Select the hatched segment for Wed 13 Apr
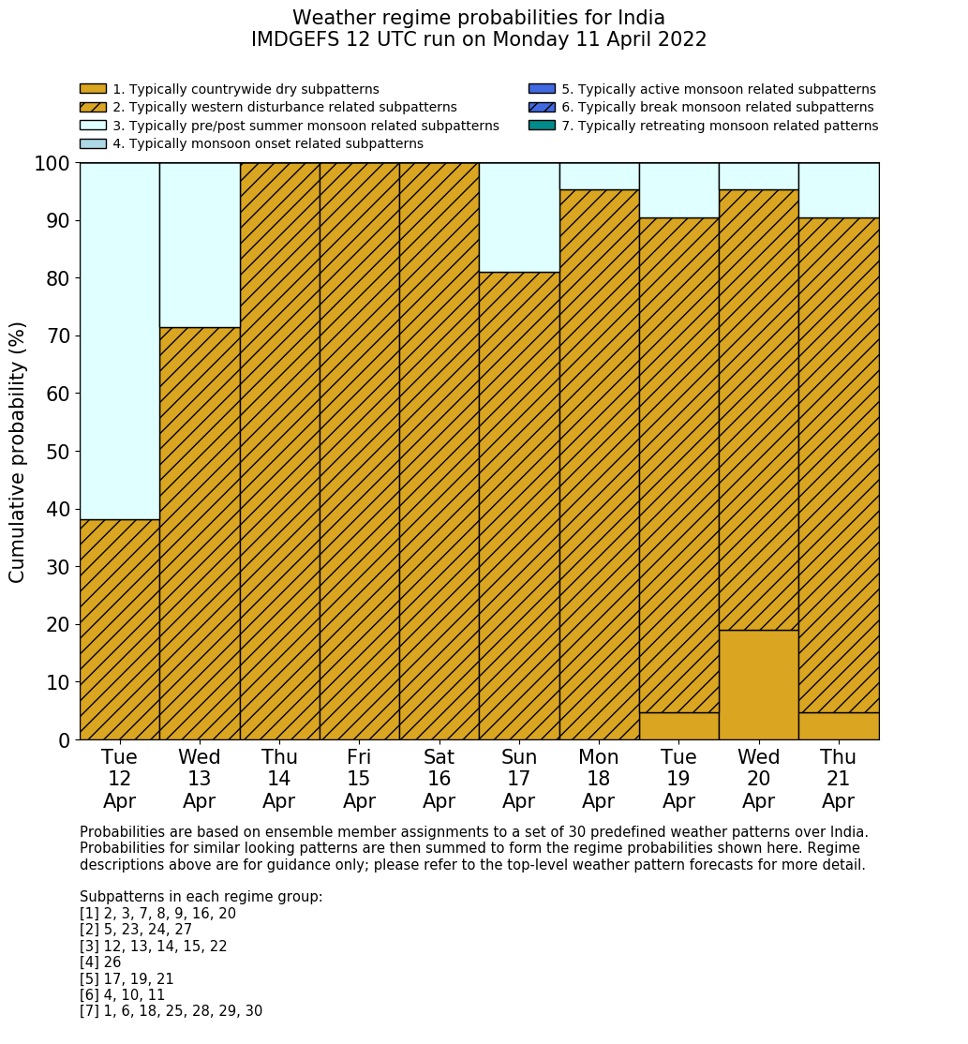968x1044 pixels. [x=200, y=533]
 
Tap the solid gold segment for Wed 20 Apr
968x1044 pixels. [x=758, y=685]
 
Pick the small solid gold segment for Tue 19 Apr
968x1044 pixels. [x=678, y=726]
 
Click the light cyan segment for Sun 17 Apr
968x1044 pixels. [x=519, y=217]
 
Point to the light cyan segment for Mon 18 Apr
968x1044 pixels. [x=599, y=176]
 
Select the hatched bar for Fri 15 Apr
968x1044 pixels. [x=359, y=451]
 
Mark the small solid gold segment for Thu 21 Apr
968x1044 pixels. [x=839, y=726]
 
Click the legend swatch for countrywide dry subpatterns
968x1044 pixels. [x=93, y=89]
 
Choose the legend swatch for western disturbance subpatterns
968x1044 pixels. [x=93, y=108]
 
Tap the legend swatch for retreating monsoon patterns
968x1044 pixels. [x=542, y=126]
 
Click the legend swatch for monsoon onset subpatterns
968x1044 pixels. [x=93, y=143]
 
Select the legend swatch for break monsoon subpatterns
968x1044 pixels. [x=542, y=108]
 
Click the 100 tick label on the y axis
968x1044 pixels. [x=52, y=164]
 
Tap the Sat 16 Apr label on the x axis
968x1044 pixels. [x=439, y=779]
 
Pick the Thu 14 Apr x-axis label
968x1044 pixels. [x=279, y=779]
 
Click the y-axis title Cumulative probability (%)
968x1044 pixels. [x=18, y=452]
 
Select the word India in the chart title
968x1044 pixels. [x=640, y=18]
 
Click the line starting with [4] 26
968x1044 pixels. [x=100, y=962]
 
